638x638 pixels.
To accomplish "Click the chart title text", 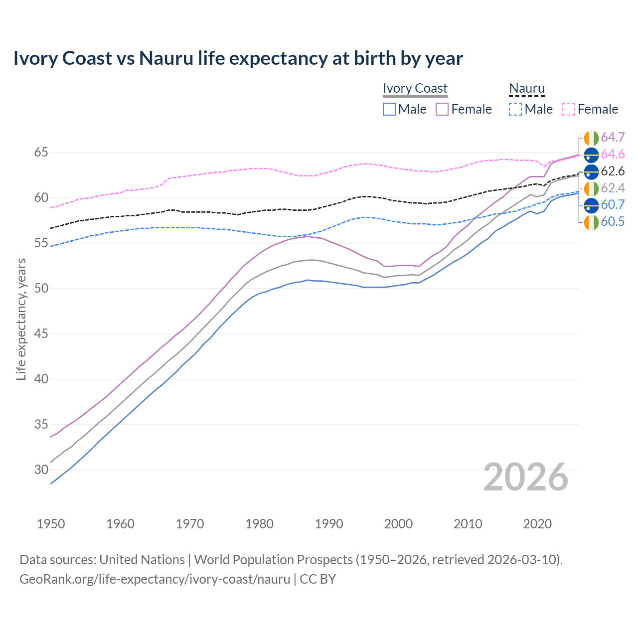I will click(x=238, y=58).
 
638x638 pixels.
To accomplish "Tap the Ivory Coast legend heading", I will click(x=415, y=88).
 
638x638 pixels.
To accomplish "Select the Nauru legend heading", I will click(x=526, y=88).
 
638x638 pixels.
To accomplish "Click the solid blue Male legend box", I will click(x=389, y=109).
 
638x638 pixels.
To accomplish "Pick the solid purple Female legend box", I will click(x=442, y=109).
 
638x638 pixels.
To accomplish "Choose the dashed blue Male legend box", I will click(x=515, y=109).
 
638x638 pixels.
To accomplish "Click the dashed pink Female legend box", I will click(x=569, y=109).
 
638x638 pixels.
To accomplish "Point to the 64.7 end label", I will click(x=613, y=137).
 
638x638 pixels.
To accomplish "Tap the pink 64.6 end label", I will click(x=613, y=154).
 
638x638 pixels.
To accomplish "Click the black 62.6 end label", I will click(x=613, y=171).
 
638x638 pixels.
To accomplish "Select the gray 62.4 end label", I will click(x=613, y=188).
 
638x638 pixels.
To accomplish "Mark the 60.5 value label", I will click(x=613, y=221).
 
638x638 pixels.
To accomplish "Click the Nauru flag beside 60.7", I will click(x=591, y=204).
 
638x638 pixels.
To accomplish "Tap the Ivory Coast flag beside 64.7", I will click(x=591, y=138).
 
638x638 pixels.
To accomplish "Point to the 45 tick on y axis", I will click(x=41, y=333).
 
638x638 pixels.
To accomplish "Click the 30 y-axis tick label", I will click(x=41, y=470).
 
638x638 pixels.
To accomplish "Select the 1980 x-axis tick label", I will click(x=259, y=524).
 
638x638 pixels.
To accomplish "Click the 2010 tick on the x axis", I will click(x=468, y=524).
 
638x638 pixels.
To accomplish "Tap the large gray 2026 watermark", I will click(x=525, y=477).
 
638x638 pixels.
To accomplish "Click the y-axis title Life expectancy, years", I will click(x=21, y=319).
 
